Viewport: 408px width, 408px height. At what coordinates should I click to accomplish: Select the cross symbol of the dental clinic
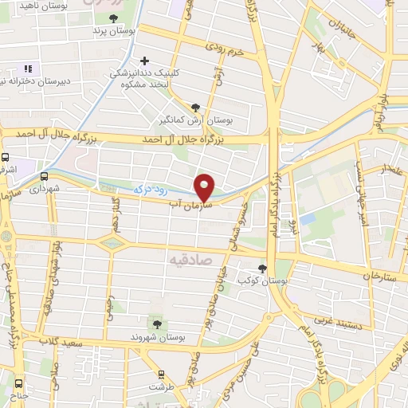click(144, 61)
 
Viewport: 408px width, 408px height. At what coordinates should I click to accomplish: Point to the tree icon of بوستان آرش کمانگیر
click(196, 108)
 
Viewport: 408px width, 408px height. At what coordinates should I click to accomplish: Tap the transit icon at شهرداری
click(43, 177)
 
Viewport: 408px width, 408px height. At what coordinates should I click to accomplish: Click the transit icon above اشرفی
click(5, 158)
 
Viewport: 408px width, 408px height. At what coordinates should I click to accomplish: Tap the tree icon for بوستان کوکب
click(262, 269)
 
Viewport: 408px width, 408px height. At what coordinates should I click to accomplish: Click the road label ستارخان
click(378, 276)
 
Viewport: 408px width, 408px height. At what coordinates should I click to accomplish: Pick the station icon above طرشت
click(162, 374)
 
